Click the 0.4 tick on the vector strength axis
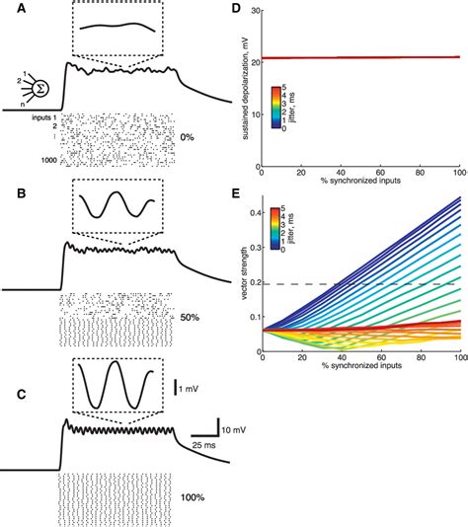click(x=251, y=211)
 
